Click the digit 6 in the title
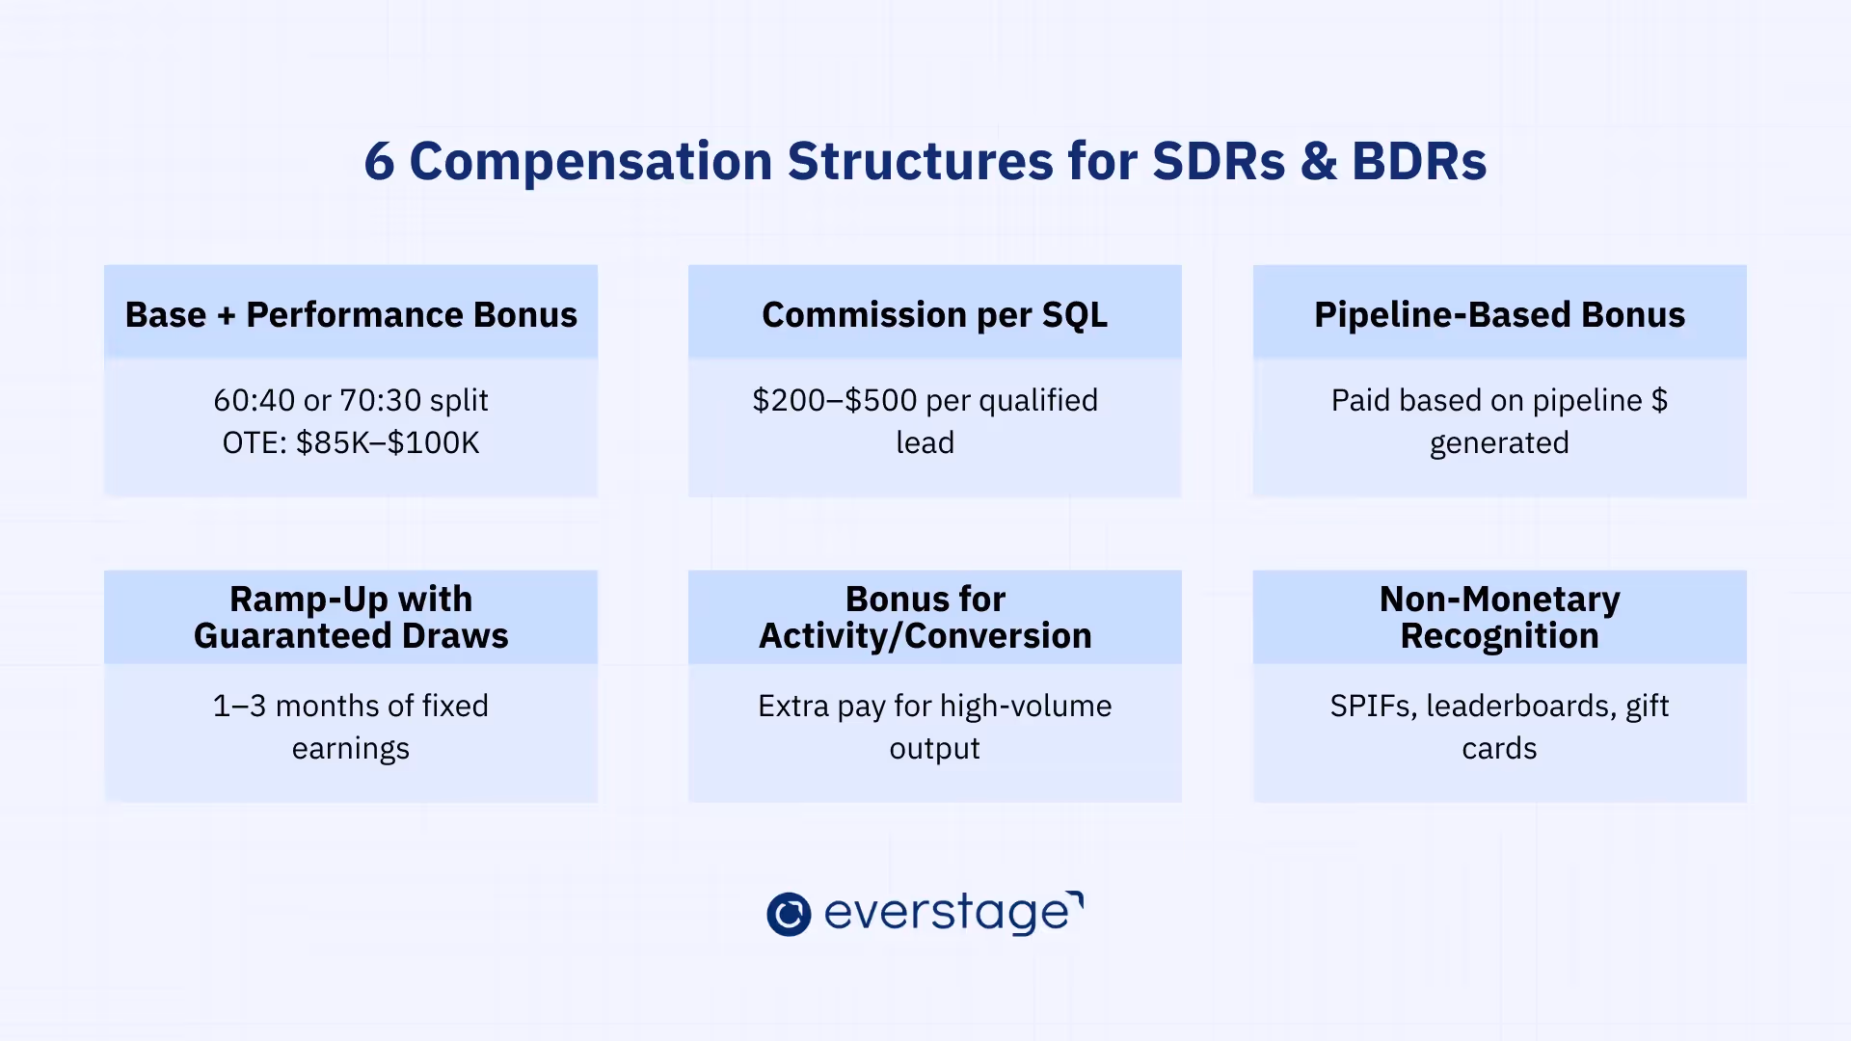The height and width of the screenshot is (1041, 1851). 379,162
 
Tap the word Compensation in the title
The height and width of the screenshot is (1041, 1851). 590,162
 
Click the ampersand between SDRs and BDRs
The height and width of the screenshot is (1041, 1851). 1318,162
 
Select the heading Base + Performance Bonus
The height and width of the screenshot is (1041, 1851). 351,315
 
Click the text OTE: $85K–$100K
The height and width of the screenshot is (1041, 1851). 351,443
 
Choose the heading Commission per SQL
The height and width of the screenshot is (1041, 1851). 934,315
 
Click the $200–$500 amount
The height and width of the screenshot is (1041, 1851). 835,400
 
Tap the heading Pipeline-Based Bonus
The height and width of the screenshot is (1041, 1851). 1499,315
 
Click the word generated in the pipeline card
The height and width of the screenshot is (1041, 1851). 1499,443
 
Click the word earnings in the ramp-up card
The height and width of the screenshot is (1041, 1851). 351,749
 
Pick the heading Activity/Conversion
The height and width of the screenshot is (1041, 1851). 925,636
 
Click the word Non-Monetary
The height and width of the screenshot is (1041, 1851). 1499,600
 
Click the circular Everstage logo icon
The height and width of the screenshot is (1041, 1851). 789,914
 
